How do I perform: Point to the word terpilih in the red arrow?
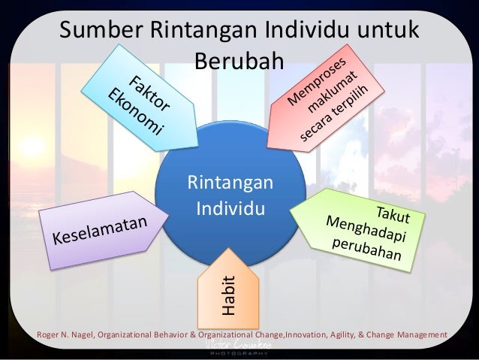point(353,113)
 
